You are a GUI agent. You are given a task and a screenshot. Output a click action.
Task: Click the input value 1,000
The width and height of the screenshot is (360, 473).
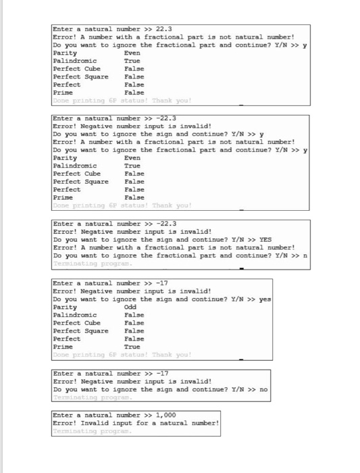[166, 414]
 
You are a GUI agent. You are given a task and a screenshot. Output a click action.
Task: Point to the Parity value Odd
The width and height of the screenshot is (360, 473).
[131, 306]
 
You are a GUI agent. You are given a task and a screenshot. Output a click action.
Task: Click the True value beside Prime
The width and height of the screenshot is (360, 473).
[132, 346]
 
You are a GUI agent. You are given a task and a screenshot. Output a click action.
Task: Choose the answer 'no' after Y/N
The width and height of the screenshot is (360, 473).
[263, 389]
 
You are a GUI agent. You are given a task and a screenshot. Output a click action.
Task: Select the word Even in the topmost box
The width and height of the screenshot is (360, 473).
[132, 53]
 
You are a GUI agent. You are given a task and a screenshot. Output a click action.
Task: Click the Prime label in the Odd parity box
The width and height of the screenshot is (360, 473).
[62, 346]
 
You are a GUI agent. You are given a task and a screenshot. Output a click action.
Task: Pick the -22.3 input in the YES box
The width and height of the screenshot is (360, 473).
[165, 223]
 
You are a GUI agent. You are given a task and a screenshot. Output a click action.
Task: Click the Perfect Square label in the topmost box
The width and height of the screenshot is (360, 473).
[80, 77]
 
